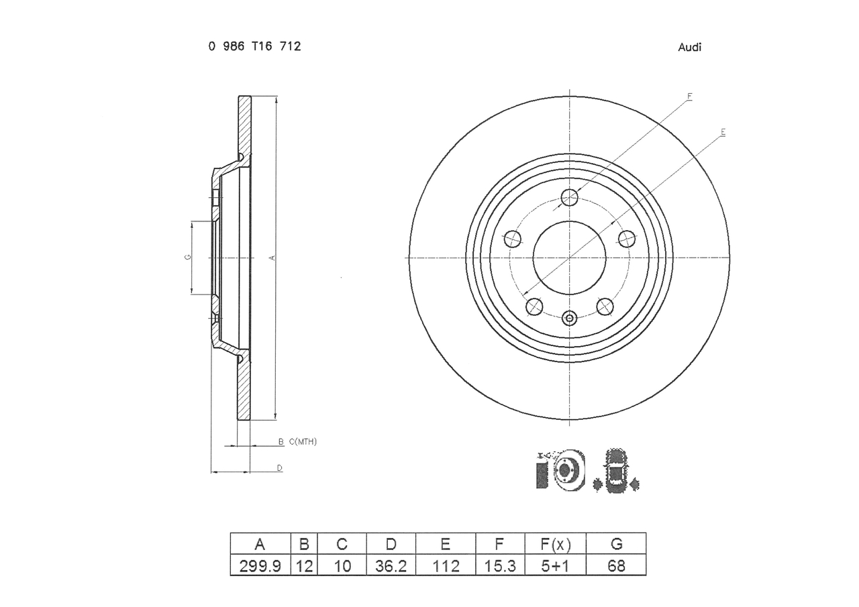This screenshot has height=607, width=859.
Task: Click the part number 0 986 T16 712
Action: point(254,46)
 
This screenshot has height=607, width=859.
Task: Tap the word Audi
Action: point(689,47)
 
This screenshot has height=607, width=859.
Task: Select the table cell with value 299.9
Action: point(260,565)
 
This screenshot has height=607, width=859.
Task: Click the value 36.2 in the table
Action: point(391,565)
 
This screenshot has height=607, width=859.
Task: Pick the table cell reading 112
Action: point(445,565)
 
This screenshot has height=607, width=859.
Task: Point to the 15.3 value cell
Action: point(500,565)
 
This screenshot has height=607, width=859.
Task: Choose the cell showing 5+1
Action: point(555,565)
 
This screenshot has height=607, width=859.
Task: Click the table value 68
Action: point(616,565)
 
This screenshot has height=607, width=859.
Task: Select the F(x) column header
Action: point(555,544)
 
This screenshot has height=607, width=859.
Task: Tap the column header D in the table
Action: point(391,544)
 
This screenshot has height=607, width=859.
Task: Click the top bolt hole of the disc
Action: point(569,198)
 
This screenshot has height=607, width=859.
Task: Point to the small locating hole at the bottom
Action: point(570,318)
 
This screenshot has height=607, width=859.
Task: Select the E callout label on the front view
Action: point(723,132)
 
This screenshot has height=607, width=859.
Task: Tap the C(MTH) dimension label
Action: point(303,442)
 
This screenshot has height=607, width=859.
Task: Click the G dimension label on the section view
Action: point(188,257)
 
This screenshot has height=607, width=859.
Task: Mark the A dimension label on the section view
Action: point(272,258)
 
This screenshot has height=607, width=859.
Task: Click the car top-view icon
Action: point(616,471)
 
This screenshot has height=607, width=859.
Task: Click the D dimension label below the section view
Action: point(280,468)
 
